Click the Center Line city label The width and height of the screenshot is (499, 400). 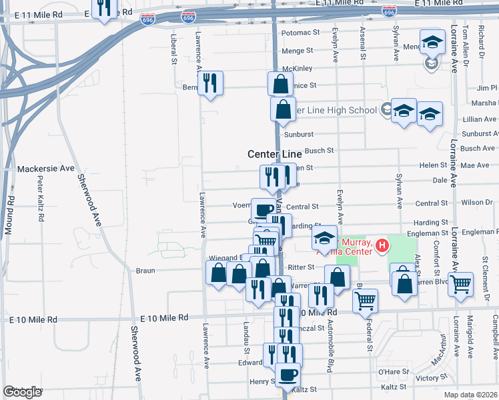point(274,154)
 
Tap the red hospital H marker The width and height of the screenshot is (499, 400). point(382,247)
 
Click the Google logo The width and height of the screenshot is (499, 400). point(22,392)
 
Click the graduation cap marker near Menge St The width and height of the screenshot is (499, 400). point(432,43)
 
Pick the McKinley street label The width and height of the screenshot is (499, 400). point(298,68)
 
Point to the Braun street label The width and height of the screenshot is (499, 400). point(145,271)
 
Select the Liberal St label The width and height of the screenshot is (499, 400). point(173,49)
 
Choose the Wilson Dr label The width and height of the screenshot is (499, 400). point(476,203)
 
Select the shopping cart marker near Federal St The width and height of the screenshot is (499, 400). point(366,301)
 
